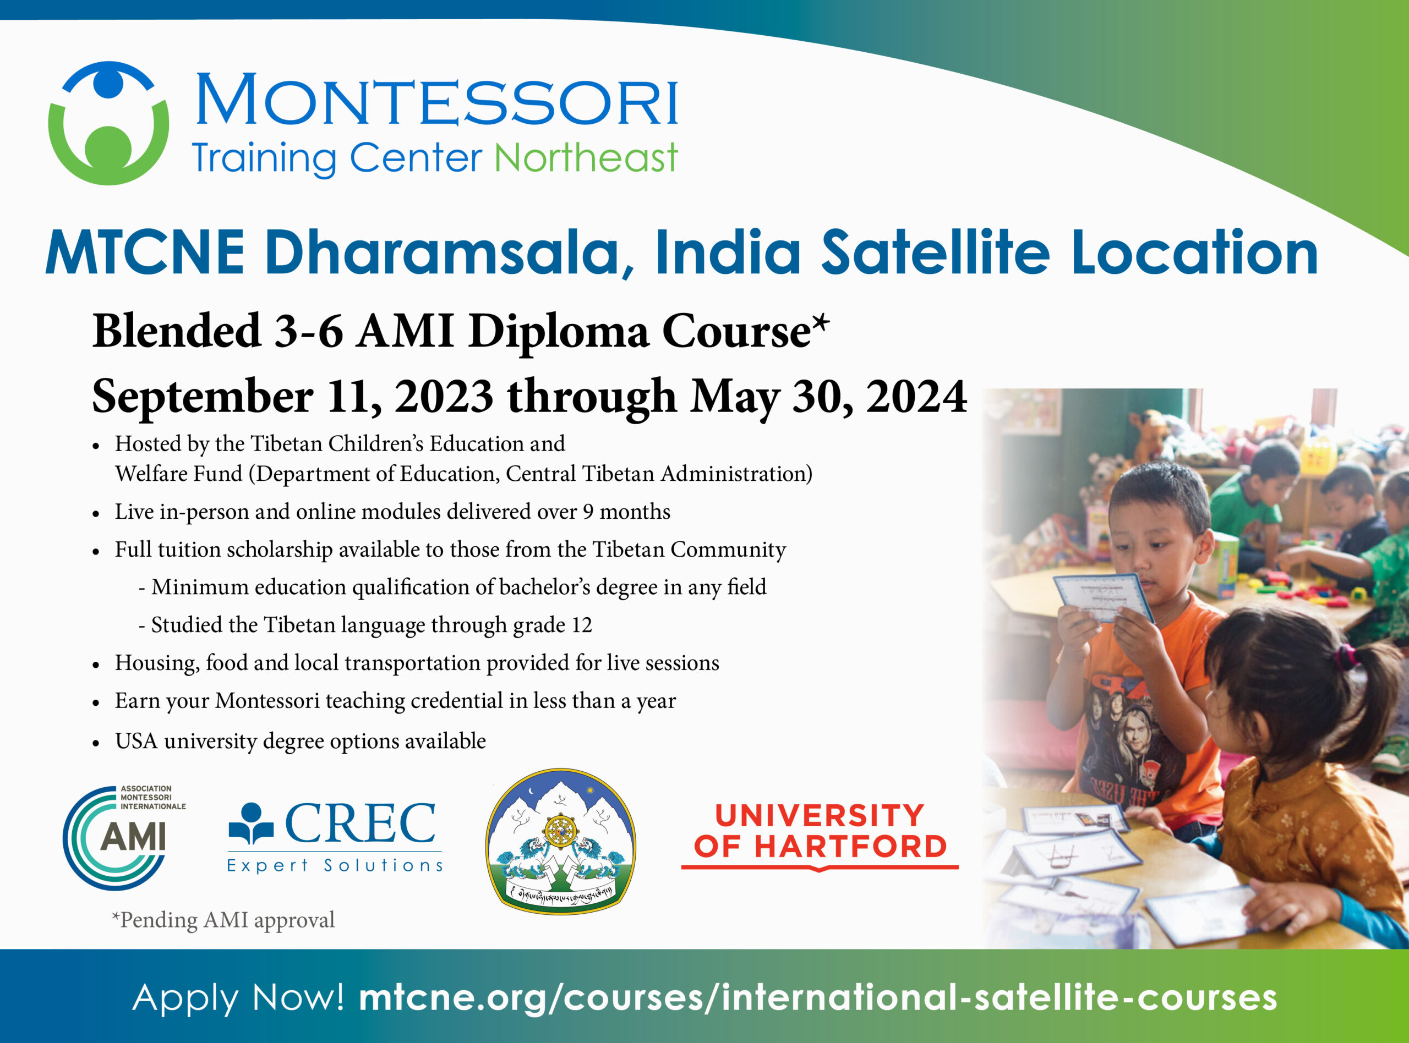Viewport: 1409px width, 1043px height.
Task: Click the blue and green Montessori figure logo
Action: pos(108,123)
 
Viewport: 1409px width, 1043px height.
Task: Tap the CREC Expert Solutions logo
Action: pos(335,837)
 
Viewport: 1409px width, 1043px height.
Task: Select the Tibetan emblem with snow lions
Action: pos(561,841)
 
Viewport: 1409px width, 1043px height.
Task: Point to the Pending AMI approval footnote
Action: pos(223,920)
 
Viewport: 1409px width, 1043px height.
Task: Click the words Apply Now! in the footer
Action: pos(238,997)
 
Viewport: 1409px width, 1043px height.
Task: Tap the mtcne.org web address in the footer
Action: pos(818,997)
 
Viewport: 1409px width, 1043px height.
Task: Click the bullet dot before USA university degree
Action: pos(96,743)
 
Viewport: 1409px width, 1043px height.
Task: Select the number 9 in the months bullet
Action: pos(588,512)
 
